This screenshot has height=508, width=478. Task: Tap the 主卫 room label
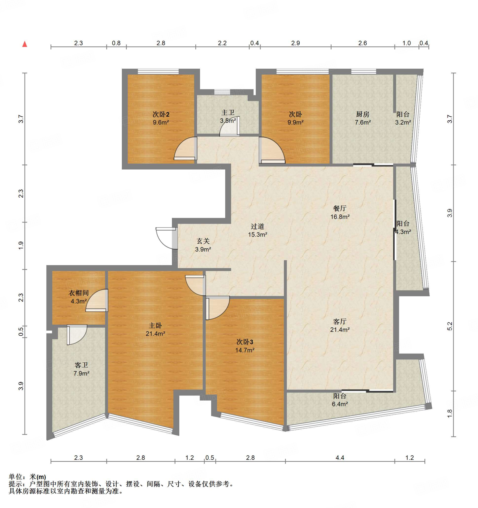[228, 112]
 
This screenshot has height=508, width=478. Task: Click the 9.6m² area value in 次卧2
[161, 122]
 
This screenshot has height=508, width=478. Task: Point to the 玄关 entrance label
[203, 241]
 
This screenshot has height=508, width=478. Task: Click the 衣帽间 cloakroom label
[78, 293]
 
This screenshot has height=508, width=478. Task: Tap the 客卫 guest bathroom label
[81, 365]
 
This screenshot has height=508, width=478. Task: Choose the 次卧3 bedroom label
[245, 342]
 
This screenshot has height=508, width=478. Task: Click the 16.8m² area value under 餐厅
[340, 217]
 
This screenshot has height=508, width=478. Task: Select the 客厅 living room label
[340, 321]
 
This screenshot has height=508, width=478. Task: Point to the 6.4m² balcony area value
[340, 404]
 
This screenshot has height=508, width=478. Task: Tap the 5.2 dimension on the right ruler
[450, 326]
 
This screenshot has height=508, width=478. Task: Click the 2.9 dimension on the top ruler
[295, 43]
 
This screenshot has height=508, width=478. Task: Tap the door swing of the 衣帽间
[97, 300]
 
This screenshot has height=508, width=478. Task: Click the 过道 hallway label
[257, 226]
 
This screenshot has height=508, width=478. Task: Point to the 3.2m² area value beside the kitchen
[403, 122]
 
